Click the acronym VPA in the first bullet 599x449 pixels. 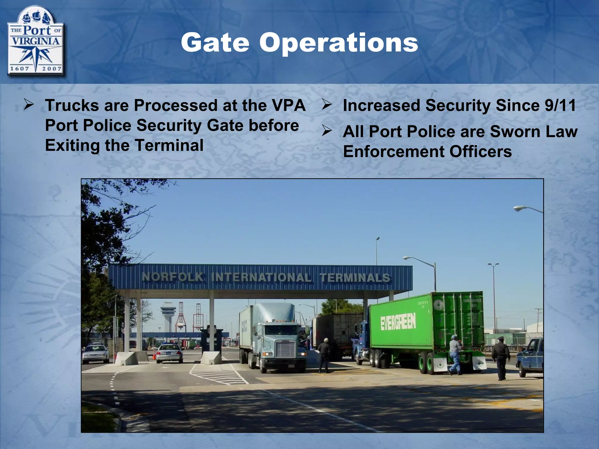pyautogui.click(x=288, y=105)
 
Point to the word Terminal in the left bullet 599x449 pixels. pyautogui.click(x=169, y=145)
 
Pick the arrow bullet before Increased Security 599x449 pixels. pyautogui.click(x=327, y=104)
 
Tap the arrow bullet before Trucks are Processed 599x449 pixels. pyautogui.click(x=29, y=104)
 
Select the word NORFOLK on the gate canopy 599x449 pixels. pyautogui.click(x=173, y=277)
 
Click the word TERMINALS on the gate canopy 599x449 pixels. pyautogui.click(x=355, y=277)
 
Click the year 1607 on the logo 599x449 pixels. pyautogui.click(x=20, y=69)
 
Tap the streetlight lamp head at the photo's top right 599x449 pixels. pyautogui.click(x=520, y=208)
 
